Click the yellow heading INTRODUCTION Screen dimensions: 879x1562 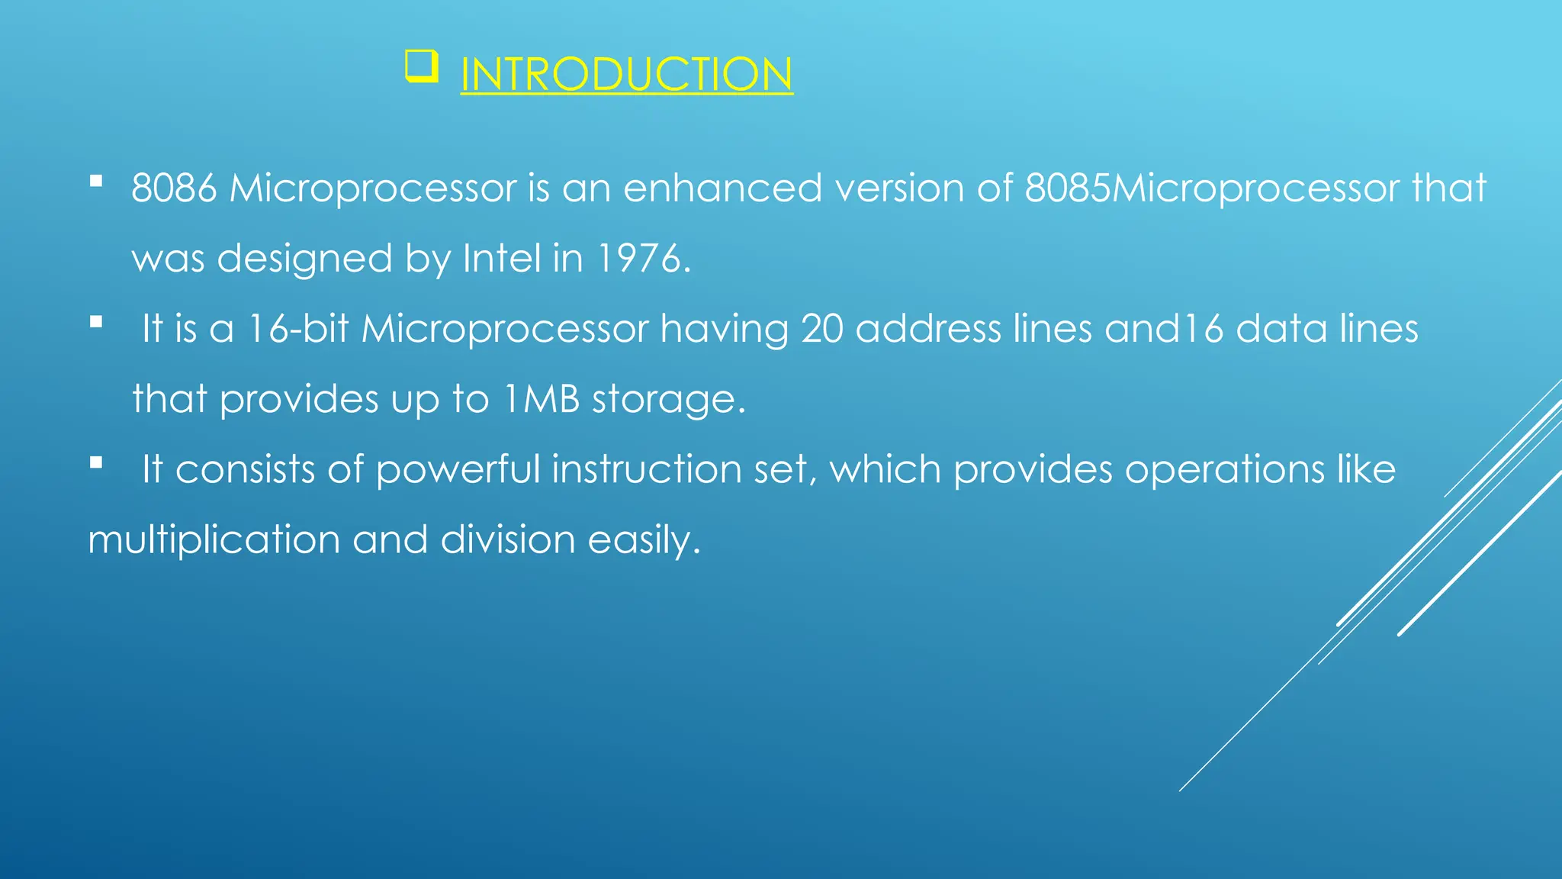coord(626,75)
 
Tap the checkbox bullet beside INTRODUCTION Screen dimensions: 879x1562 coord(421,66)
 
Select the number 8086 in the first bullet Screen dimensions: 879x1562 coord(174,188)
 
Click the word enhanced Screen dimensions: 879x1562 coord(722,188)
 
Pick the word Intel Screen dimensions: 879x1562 coord(502,259)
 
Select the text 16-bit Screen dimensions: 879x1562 coord(298,329)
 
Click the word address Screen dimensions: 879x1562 coord(927,329)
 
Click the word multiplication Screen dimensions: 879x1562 coord(214,540)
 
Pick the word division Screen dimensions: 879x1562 coord(508,540)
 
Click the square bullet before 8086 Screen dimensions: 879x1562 coord(96,182)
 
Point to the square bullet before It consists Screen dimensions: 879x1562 coord(96,462)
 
